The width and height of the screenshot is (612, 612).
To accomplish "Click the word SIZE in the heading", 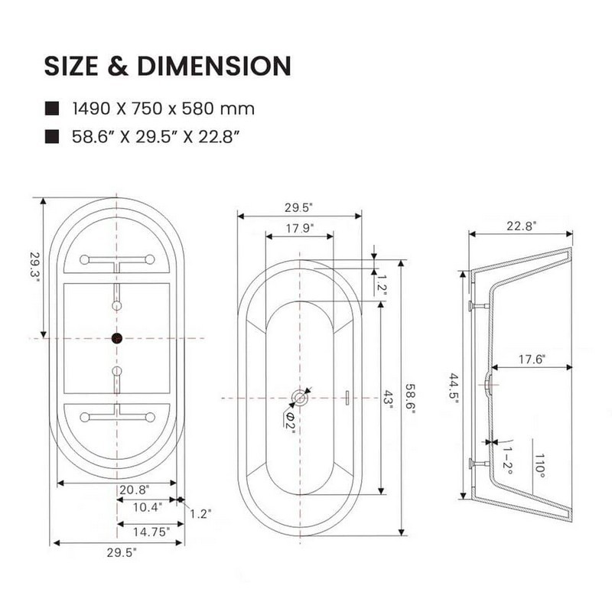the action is pyautogui.click(x=71, y=66).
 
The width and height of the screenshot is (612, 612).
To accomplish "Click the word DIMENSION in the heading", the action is pyautogui.click(x=214, y=66).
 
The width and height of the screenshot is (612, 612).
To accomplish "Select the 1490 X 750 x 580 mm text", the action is pyautogui.click(x=164, y=109).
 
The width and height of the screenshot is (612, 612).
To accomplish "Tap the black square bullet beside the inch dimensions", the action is pyautogui.click(x=52, y=137).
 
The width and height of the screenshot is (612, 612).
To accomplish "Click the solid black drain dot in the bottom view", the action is pyautogui.click(x=117, y=338).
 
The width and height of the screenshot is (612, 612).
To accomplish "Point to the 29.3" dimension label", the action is pyautogui.click(x=34, y=265).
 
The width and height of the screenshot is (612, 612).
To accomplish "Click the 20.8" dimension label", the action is pyautogui.click(x=135, y=490).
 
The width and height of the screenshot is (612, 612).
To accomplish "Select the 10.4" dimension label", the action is pyautogui.click(x=148, y=507).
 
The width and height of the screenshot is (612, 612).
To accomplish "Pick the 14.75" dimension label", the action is pyautogui.click(x=151, y=532).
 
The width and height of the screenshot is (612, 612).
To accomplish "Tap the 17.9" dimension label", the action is pyautogui.click(x=300, y=228).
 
